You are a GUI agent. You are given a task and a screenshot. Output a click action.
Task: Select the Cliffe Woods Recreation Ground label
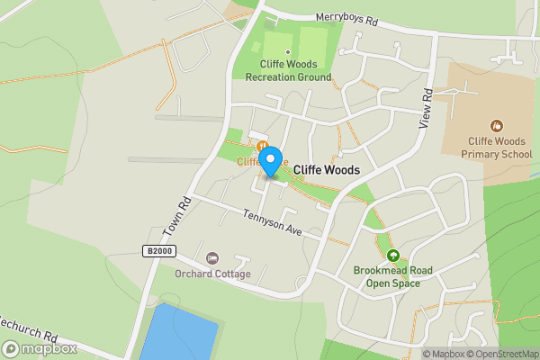point(288,71)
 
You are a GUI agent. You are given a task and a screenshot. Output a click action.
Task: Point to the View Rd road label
point(427,109)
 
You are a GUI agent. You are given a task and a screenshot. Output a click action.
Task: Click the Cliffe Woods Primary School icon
point(496,125)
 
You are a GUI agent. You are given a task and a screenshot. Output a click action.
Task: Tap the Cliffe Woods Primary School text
point(498,148)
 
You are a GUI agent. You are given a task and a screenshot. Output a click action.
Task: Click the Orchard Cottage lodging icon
point(212,258)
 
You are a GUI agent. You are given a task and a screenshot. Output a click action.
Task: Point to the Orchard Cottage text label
point(212,274)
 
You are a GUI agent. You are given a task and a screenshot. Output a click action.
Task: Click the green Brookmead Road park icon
point(392,255)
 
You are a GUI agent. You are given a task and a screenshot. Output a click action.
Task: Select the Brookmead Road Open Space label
point(393,276)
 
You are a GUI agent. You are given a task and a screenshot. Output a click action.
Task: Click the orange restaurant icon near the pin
point(261,147)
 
